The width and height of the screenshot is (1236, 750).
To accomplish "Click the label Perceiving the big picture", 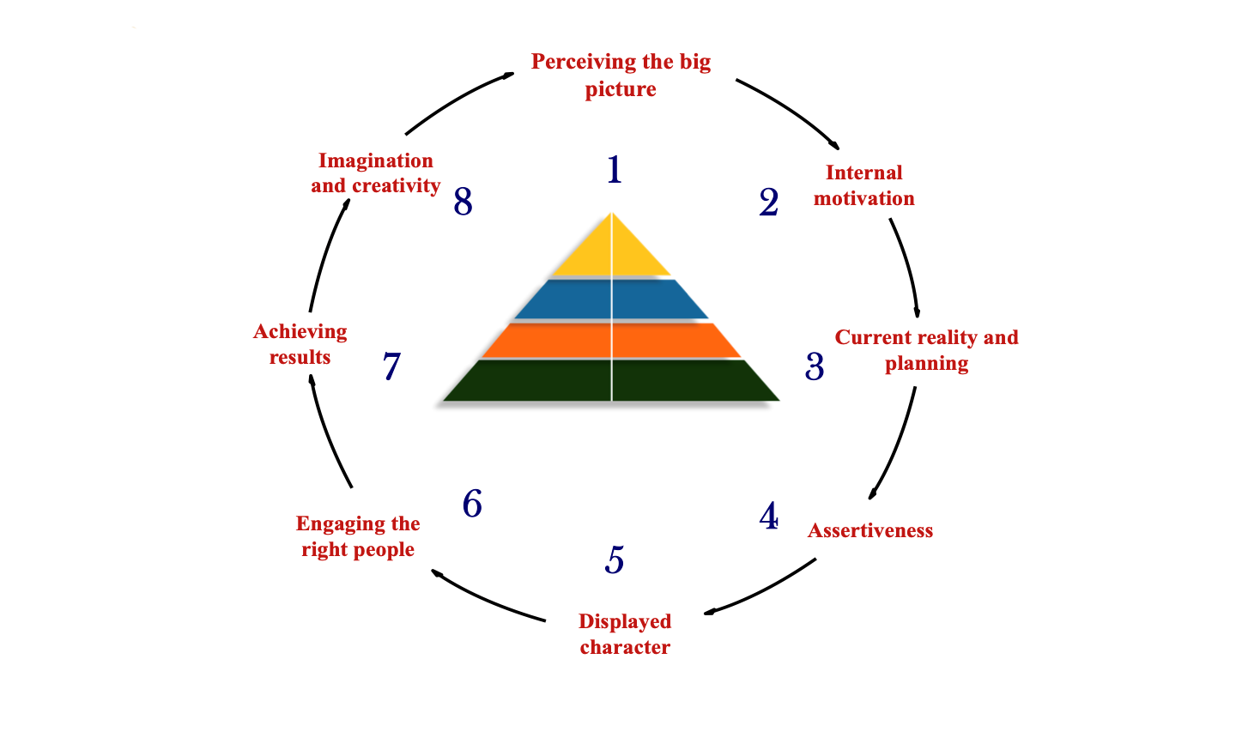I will tap(621, 76).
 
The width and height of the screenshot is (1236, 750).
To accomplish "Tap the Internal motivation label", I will tap(863, 185).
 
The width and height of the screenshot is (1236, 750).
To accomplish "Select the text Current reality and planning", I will tap(926, 350).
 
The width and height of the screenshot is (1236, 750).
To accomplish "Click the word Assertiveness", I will tap(869, 530).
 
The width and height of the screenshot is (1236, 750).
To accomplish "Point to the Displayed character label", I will tap(625, 634).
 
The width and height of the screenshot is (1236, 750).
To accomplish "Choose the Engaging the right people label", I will tap(358, 536).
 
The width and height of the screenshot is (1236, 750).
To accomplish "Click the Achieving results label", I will tap(300, 344).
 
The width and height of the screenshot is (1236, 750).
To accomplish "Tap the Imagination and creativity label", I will tap(376, 173).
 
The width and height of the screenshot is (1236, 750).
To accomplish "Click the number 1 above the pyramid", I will tap(614, 170).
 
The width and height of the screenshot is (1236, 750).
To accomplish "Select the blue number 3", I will tap(815, 367).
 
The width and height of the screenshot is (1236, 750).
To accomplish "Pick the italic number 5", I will tap(615, 560).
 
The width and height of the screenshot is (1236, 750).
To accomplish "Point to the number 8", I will tap(463, 203).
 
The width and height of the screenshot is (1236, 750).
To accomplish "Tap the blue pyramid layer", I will tap(611, 299).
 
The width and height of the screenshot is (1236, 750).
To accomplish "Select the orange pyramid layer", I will tap(611, 340).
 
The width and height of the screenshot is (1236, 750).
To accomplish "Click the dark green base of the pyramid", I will tap(611, 380).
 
